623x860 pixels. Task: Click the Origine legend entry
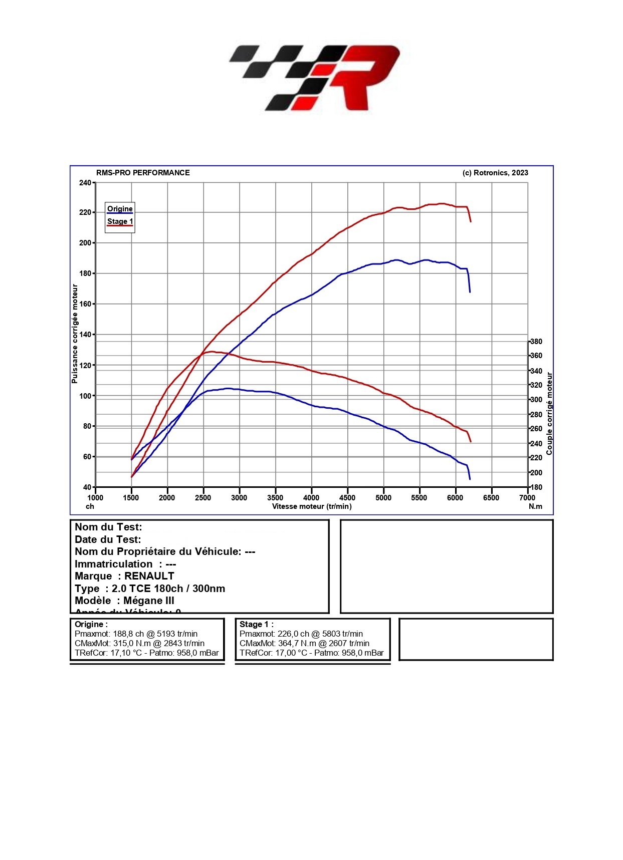(120, 209)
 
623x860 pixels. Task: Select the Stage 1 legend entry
(120, 221)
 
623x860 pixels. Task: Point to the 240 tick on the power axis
(85, 183)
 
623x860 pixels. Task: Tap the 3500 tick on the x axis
(275, 497)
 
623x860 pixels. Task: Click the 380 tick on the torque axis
(536, 342)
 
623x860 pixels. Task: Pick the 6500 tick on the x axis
(491, 497)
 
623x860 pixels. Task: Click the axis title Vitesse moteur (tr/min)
(312, 506)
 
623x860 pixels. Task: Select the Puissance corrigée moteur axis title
(75, 334)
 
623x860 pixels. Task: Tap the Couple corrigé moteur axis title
(549, 413)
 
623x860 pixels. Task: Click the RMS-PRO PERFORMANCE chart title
(143, 173)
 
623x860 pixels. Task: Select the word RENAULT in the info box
(149, 576)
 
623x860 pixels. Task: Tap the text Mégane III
(149, 601)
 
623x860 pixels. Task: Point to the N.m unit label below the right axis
(535, 506)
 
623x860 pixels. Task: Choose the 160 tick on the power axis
(85, 304)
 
